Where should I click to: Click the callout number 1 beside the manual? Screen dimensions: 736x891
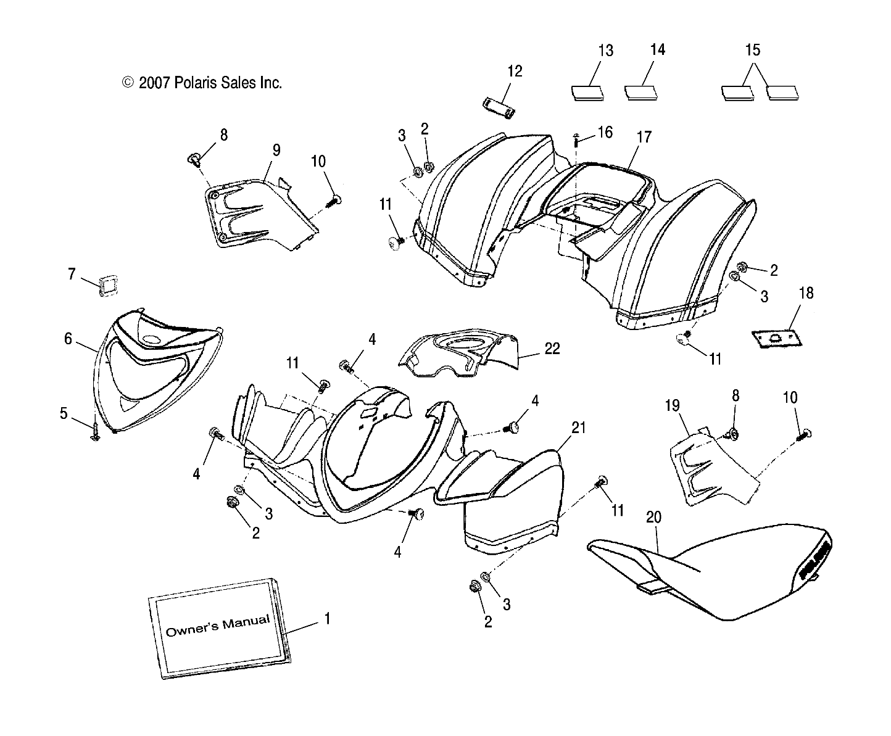327,618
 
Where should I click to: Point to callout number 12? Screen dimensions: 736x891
515,72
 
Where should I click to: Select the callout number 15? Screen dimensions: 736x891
753,50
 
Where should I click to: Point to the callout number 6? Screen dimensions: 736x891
68,338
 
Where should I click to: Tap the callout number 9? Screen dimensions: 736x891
276,150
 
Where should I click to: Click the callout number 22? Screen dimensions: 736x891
552,349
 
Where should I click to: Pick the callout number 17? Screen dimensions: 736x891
644,137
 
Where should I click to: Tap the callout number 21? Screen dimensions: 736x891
578,427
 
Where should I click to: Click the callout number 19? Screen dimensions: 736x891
672,405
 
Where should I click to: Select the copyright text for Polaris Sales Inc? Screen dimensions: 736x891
202,83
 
